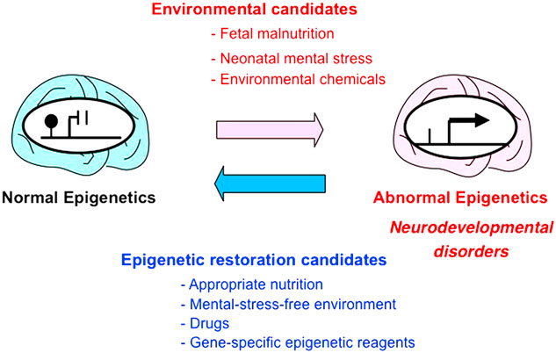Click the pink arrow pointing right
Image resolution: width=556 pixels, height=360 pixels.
pyautogui.click(x=270, y=130)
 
